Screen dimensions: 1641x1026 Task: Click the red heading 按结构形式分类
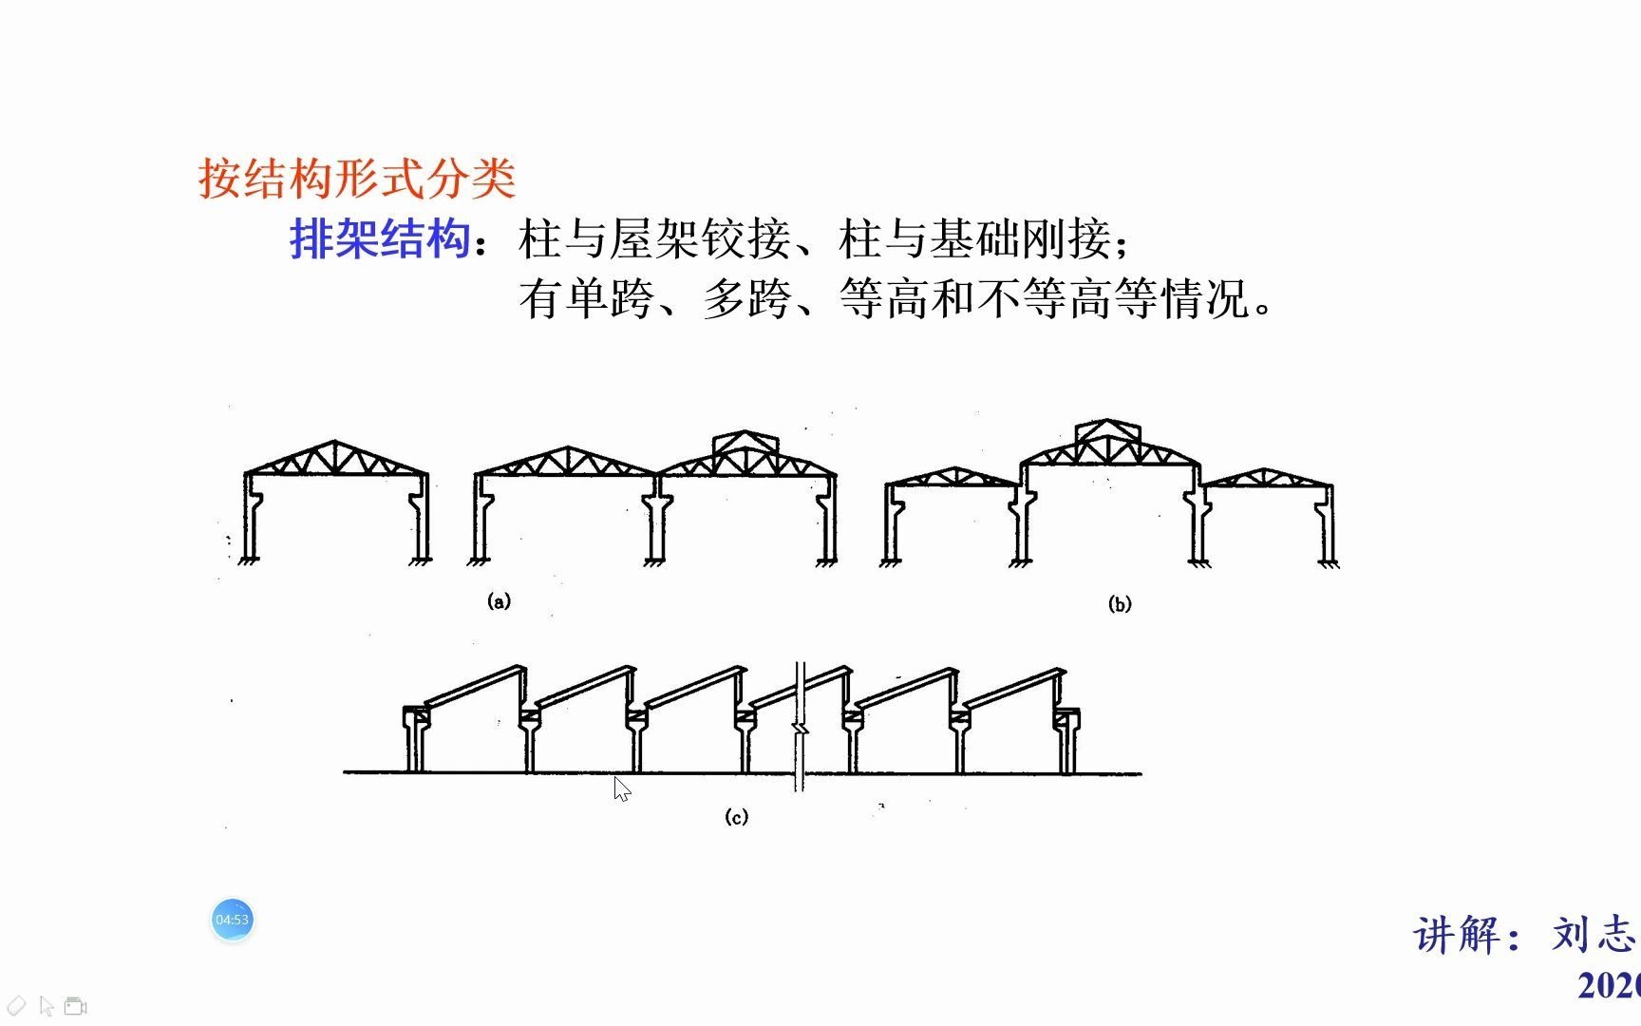point(357,179)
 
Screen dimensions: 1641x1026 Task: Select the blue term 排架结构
point(380,238)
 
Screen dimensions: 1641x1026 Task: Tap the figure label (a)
point(499,600)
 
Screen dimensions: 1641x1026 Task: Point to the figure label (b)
point(1121,604)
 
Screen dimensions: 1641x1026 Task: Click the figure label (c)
point(736,817)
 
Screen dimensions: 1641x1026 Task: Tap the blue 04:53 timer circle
point(232,920)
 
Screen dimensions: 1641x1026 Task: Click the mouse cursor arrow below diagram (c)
point(621,788)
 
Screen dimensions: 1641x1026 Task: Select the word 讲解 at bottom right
point(1459,935)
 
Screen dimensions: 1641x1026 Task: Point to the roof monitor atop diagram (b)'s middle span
point(1108,432)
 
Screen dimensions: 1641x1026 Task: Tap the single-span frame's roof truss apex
point(334,443)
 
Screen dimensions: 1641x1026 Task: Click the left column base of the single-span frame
point(251,559)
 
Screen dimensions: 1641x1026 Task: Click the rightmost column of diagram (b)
point(1328,527)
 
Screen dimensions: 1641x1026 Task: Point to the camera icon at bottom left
point(76,1006)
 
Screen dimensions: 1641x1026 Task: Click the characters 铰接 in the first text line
point(746,238)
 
